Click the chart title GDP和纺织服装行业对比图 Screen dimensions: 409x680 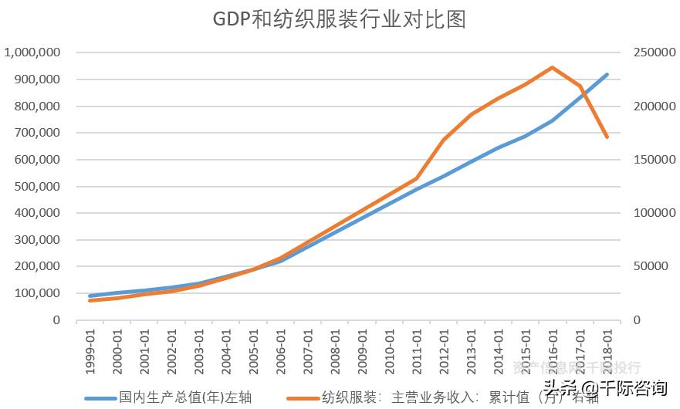[x=340, y=19]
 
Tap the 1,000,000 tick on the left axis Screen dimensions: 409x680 [x=32, y=52]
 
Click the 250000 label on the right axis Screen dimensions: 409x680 [x=654, y=52]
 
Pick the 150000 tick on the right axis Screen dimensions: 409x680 [x=654, y=160]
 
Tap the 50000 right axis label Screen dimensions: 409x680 [x=657, y=266]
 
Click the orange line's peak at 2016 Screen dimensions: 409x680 [x=553, y=67]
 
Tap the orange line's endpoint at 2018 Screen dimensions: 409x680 [x=607, y=137]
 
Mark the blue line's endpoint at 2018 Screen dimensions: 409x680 [x=607, y=75]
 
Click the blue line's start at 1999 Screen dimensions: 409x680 [x=90, y=296]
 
